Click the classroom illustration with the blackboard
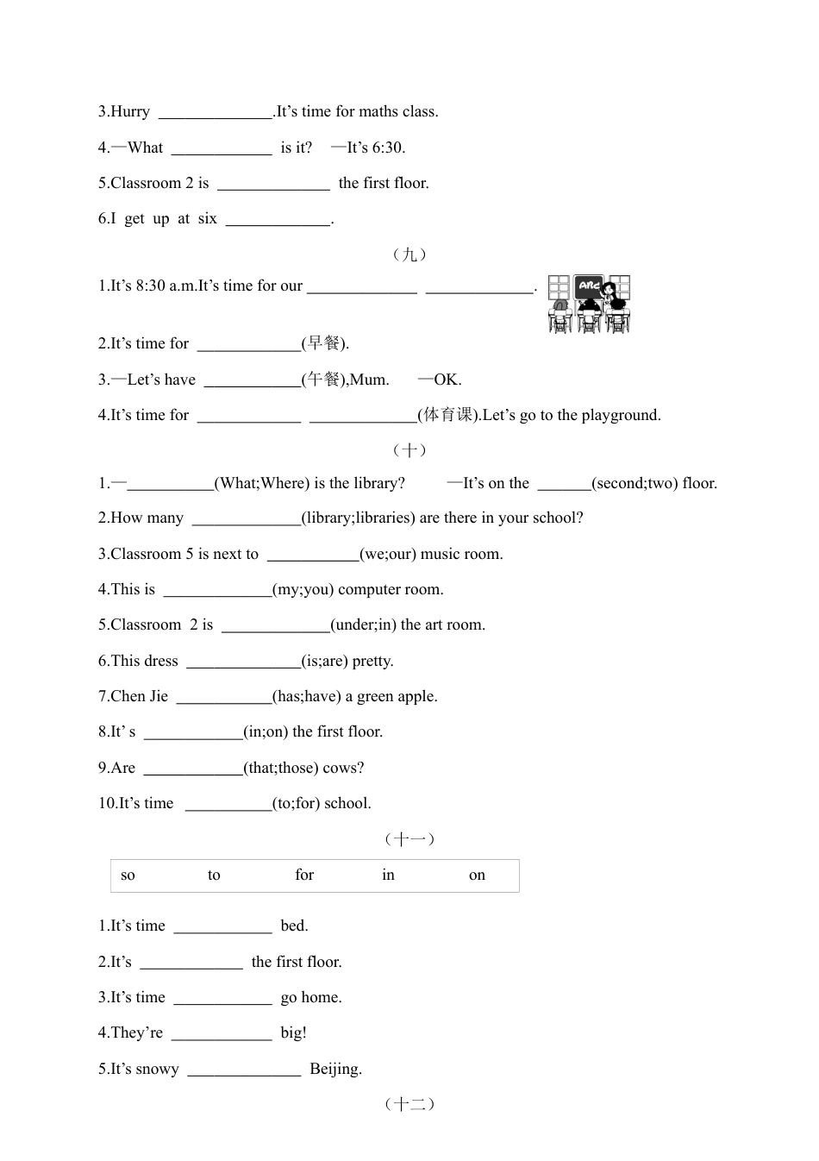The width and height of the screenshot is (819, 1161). (x=589, y=304)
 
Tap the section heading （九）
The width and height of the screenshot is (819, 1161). (x=409, y=254)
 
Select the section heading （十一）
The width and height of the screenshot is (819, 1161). (x=409, y=839)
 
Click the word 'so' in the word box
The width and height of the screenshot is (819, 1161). (x=128, y=875)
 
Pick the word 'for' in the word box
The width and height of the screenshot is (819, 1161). (x=304, y=875)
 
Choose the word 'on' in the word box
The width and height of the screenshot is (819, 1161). (x=477, y=875)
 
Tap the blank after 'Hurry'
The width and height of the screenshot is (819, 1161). (x=216, y=112)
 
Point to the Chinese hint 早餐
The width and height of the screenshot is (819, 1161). (x=324, y=343)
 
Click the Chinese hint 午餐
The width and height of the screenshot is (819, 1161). (x=324, y=380)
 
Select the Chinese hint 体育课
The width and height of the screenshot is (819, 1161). (x=448, y=415)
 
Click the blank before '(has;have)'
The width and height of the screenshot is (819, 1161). (x=224, y=697)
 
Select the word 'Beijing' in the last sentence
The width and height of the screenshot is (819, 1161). (x=334, y=1070)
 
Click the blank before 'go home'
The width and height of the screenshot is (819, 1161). (x=222, y=998)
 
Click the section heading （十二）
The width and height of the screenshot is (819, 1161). (x=409, y=1104)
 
